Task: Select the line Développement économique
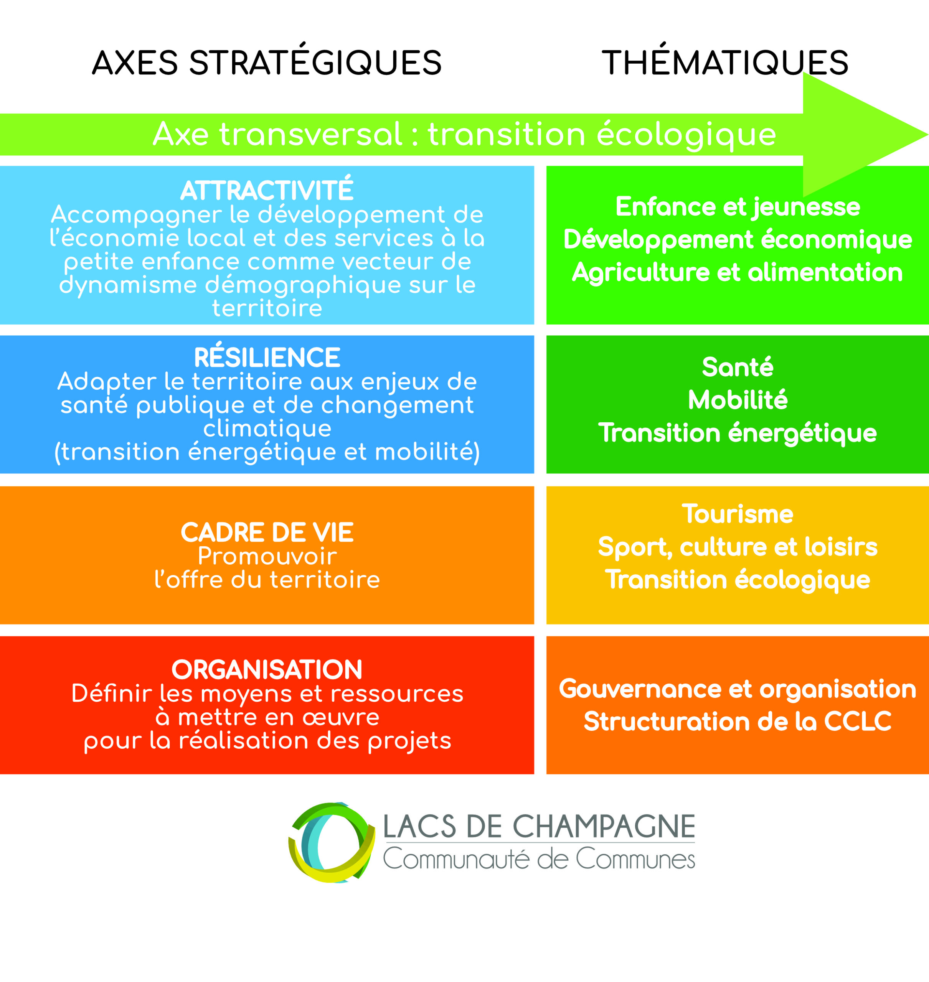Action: (x=738, y=240)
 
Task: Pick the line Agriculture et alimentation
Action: (x=738, y=273)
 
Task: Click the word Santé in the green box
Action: (x=738, y=367)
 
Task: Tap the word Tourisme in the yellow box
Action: (x=738, y=514)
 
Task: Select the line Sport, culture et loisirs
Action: (x=738, y=547)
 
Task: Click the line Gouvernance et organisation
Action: (x=738, y=689)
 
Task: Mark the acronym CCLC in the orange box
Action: (x=858, y=722)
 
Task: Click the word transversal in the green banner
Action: (x=311, y=134)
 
